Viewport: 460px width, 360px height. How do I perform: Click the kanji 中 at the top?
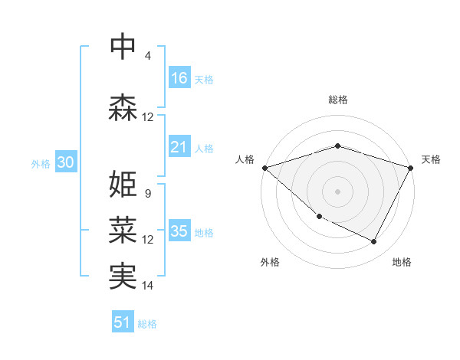123,47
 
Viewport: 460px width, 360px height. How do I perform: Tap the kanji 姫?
123,184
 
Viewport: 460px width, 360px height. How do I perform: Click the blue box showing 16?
179,78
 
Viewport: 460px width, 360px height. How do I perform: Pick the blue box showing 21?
179,147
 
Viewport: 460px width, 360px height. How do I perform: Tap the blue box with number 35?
179,231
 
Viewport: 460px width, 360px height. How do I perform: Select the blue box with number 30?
65,162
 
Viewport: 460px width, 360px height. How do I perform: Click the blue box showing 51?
123,322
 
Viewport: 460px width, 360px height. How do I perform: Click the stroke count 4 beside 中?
148,56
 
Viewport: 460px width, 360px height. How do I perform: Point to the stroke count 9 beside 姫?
148,194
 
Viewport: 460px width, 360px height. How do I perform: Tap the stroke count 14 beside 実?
148,286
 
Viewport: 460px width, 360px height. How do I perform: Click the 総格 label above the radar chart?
337,100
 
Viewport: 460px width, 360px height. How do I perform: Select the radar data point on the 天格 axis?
411,167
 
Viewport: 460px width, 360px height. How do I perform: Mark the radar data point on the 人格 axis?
264,167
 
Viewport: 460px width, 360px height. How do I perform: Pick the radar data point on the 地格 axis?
374,242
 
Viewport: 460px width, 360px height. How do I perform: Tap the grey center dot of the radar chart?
337,191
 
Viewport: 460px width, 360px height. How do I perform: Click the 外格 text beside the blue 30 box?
41,163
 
